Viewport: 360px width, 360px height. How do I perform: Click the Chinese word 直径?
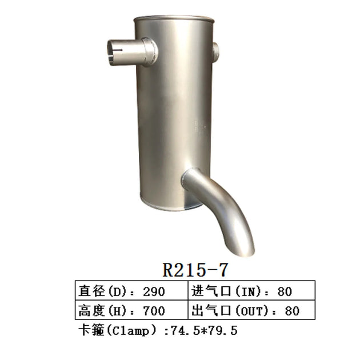[91, 291]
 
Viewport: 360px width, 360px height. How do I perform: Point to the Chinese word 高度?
[91, 311]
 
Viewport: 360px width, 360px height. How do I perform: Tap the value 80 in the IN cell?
[284, 291]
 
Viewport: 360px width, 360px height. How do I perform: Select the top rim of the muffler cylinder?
[175, 21]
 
